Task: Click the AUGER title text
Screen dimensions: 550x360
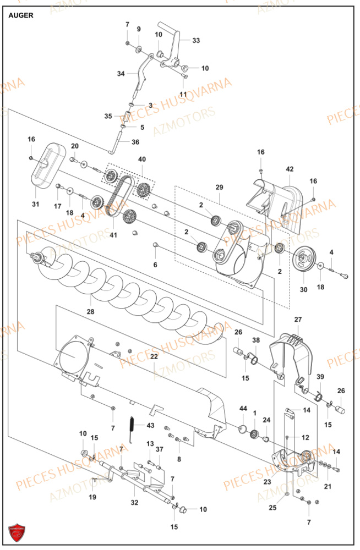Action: (21, 15)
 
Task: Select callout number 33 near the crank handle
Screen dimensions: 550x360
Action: (196, 40)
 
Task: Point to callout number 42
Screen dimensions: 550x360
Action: (290, 169)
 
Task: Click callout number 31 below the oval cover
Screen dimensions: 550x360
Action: (36, 205)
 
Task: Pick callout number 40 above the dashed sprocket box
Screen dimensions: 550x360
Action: (142, 159)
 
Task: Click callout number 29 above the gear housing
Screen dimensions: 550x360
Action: (220, 188)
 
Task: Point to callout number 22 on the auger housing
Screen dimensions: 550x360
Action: (154, 357)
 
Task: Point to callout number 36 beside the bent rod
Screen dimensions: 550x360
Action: (135, 142)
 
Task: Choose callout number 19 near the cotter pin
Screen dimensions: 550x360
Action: (92, 497)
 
